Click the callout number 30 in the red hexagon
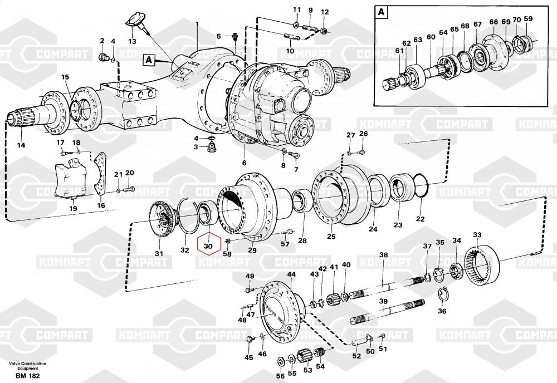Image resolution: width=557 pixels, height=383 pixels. pyautogui.click(x=208, y=245)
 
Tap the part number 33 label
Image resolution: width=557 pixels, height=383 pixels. pyautogui.click(x=477, y=235)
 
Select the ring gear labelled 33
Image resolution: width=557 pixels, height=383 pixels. pyautogui.click(x=482, y=267)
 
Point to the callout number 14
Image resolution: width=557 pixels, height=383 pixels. pyautogui.click(x=21, y=146)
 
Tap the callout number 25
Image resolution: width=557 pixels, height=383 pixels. pyautogui.click(x=331, y=237)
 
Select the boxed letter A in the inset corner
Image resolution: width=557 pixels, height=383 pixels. pyautogui.click(x=382, y=12)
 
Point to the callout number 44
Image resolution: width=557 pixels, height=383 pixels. pyautogui.click(x=292, y=274)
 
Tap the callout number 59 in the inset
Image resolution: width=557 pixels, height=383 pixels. pyautogui.click(x=528, y=19)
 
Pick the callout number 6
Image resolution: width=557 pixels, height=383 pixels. pyautogui.click(x=244, y=163)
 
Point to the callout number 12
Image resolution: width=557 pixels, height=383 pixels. pyautogui.click(x=325, y=12)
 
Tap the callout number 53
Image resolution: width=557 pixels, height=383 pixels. pyautogui.click(x=307, y=370)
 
